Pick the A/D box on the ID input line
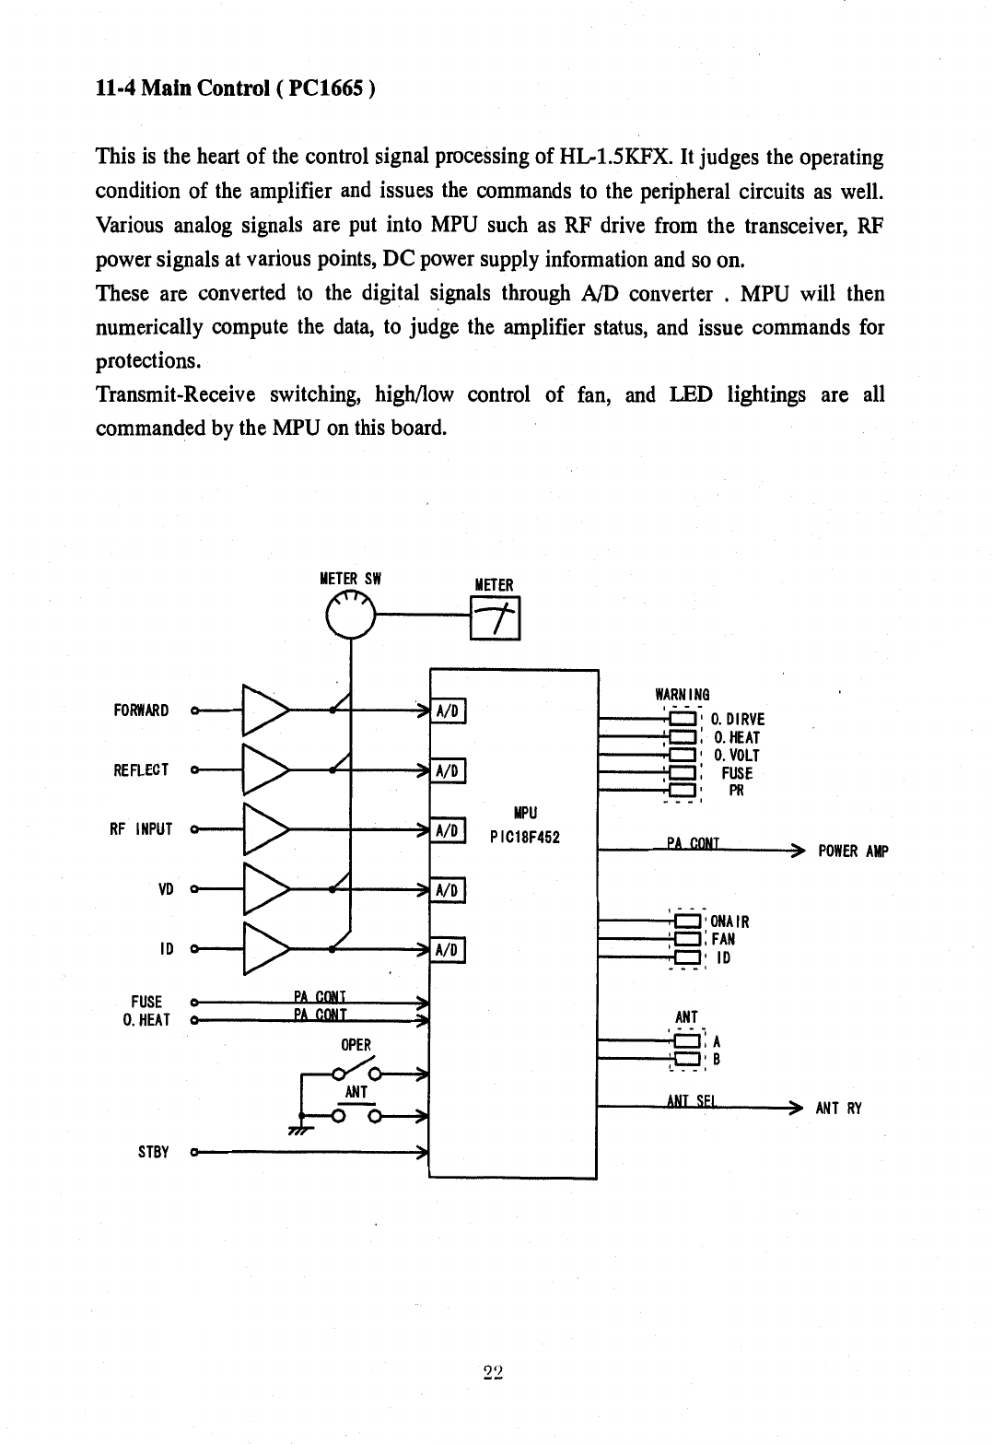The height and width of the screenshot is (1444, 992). click(447, 949)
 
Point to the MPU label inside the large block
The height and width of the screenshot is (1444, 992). click(526, 813)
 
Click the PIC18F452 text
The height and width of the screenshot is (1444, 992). click(525, 838)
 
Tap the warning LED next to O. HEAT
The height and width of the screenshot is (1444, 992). click(683, 737)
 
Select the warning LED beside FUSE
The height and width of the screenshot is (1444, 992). click(683, 772)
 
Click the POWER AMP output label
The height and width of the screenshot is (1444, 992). click(854, 851)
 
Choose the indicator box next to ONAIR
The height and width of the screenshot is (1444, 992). click(687, 922)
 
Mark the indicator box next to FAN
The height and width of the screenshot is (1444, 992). click(687, 939)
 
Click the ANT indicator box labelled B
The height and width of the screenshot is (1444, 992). click(687, 1059)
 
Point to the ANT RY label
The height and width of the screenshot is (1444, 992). click(839, 1109)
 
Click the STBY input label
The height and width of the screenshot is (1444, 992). click(153, 1152)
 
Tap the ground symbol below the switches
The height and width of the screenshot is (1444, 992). click(300, 1130)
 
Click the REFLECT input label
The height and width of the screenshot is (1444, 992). click(141, 769)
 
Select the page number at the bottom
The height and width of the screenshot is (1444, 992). click(493, 1372)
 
